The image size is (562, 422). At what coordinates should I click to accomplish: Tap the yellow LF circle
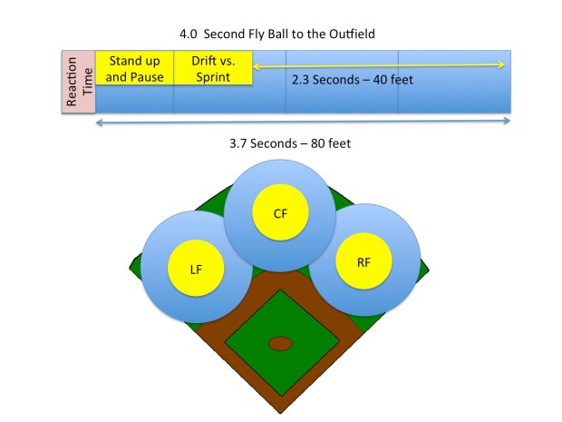click(x=197, y=270)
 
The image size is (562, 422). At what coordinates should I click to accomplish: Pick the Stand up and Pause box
click(x=135, y=69)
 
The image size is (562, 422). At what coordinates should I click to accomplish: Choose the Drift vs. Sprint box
click(x=212, y=69)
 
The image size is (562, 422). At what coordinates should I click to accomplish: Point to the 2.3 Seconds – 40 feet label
click(x=353, y=80)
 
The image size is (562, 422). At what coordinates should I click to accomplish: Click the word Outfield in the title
click(x=348, y=34)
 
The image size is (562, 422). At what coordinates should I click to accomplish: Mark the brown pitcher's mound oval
click(x=280, y=343)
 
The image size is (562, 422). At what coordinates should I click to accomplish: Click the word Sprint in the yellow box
click(x=212, y=77)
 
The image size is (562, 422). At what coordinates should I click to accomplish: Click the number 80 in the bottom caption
click(x=325, y=143)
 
